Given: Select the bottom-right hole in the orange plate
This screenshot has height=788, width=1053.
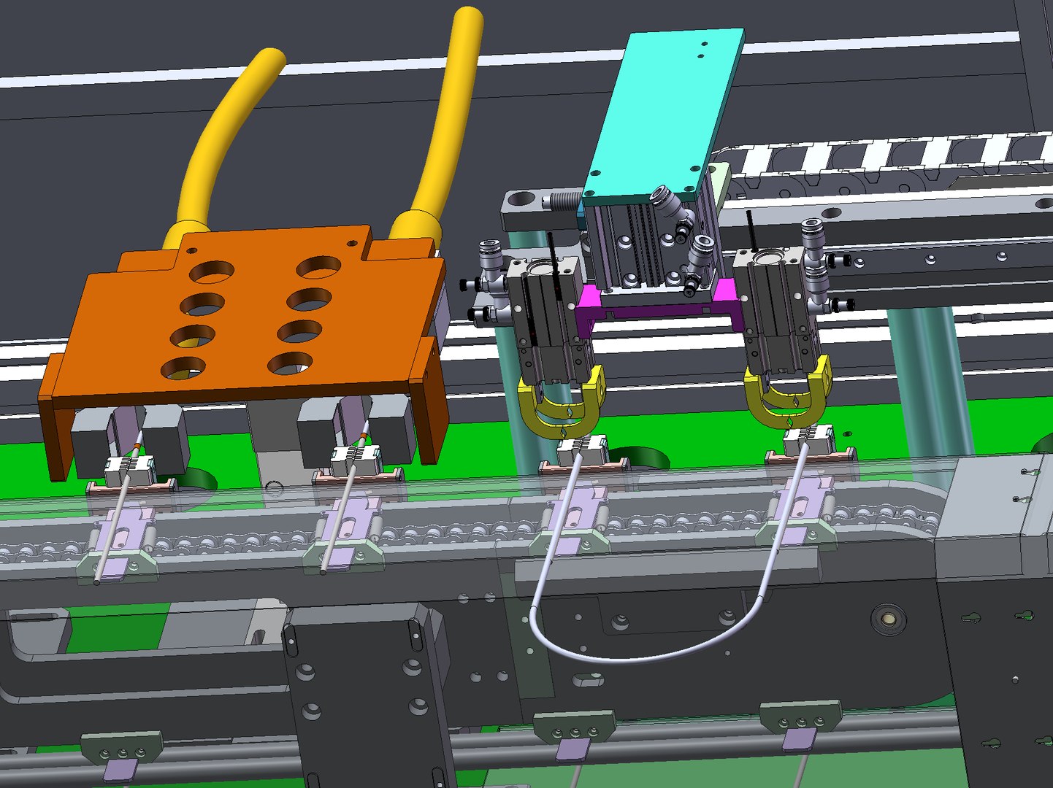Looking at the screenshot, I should tap(290, 363).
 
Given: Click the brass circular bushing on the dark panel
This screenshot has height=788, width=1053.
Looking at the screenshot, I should tap(888, 619).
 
